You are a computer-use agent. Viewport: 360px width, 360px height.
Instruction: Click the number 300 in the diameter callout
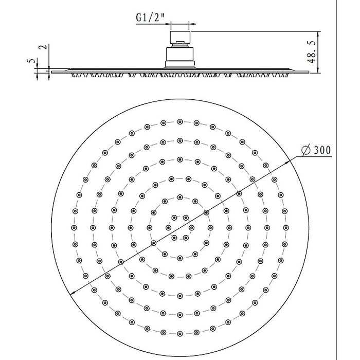click(321, 150)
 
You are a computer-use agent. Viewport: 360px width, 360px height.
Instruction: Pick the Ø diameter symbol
click(305, 150)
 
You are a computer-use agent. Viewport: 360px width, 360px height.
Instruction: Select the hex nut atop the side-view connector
click(179, 39)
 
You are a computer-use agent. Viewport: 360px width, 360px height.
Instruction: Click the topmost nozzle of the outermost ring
click(179, 121)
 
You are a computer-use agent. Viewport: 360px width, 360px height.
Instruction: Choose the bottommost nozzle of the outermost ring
click(179, 331)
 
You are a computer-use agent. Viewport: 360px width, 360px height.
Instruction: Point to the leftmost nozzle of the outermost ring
click(74, 227)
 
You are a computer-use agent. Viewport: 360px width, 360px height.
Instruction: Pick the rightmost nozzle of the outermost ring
click(285, 227)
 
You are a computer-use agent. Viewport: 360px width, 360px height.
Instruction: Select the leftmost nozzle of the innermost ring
click(168, 227)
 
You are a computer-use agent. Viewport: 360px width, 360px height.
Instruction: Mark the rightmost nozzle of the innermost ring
click(191, 227)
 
